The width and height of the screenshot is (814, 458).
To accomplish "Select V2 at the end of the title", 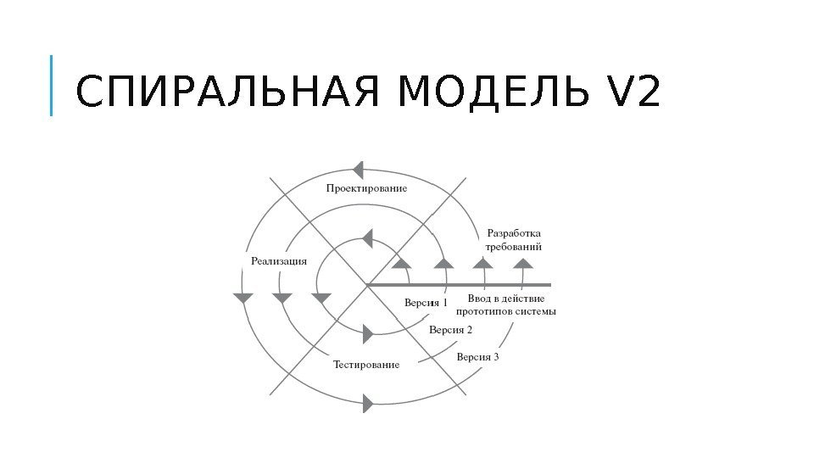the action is pyautogui.click(x=633, y=94).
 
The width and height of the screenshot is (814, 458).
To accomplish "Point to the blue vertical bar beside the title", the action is pyautogui.click(x=52, y=86).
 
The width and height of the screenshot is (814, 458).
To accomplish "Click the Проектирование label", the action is pyautogui.click(x=366, y=188).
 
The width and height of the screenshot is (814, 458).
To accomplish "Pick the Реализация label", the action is pyautogui.click(x=278, y=261).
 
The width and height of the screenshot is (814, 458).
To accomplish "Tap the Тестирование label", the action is pyautogui.click(x=365, y=365).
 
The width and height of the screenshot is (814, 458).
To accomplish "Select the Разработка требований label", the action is pyautogui.click(x=514, y=240).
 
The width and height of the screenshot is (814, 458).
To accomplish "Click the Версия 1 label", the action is pyautogui.click(x=425, y=303).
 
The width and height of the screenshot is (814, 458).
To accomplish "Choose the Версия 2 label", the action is pyautogui.click(x=450, y=330).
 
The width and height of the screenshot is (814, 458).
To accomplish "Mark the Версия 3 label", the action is pyautogui.click(x=477, y=357).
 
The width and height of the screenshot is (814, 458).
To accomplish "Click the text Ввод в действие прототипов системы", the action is pyautogui.click(x=512, y=305).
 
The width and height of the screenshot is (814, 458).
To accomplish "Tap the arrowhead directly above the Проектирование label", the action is pyautogui.click(x=359, y=169).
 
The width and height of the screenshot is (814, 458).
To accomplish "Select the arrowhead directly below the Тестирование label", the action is pyautogui.click(x=368, y=404).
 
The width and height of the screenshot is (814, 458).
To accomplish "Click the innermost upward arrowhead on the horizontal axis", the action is pyautogui.click(x=403, y=263).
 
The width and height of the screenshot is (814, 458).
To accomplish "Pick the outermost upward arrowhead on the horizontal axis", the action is pyautogui.click(x=523, y=263).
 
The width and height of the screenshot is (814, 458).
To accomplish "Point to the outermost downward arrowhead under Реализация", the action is pyautogui.click(x=243, y=299).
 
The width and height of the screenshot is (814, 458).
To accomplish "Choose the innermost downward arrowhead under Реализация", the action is pyautogui.click(x=321, y=299).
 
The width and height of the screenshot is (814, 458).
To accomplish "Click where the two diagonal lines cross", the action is pyautogui.click(x=367, y=284).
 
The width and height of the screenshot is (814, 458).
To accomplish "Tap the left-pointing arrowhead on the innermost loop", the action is pyautogui.click(x=366, y=237).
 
